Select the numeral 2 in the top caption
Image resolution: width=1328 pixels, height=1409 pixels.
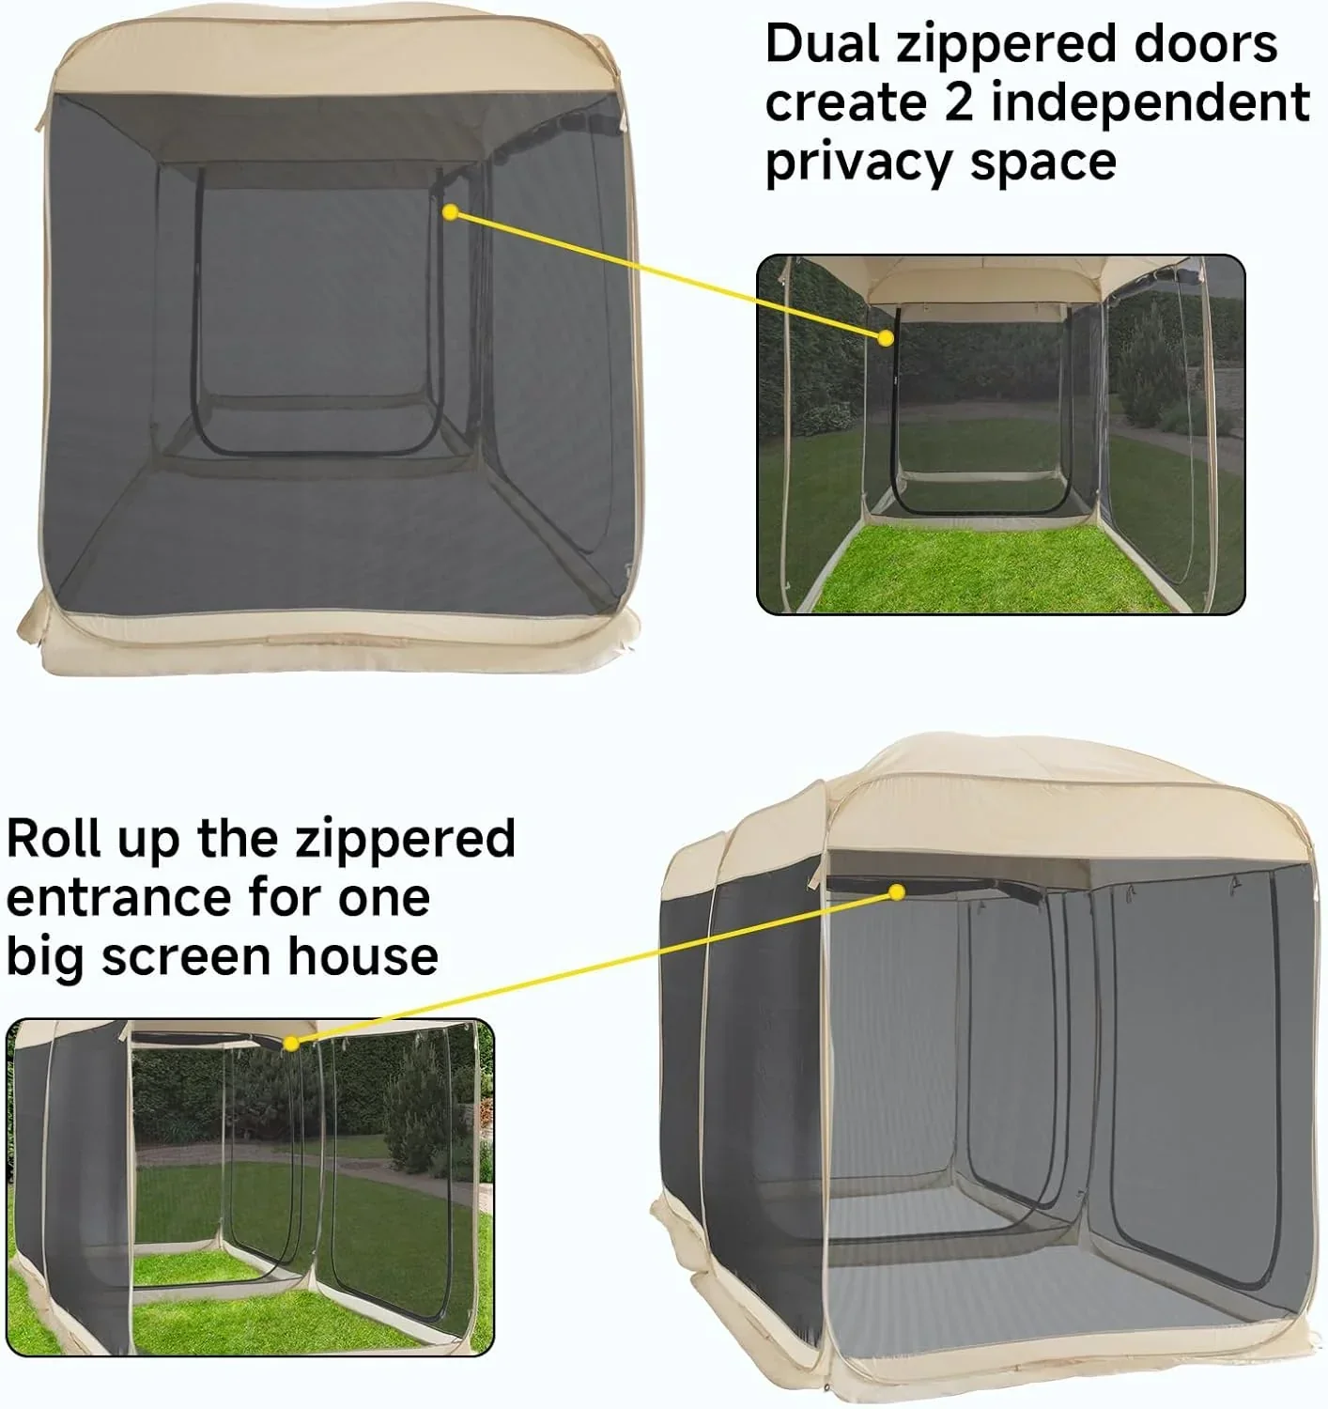959,102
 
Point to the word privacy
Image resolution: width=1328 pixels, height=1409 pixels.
858,163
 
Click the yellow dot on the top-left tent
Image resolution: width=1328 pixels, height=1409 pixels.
450,213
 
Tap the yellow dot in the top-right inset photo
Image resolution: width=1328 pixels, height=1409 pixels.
885,337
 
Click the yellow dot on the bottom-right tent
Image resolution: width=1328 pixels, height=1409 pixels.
897,891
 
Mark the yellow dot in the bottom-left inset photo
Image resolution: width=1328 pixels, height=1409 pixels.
291,1043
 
